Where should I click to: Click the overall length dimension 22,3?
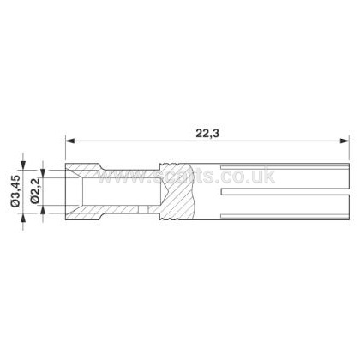[x=207, y=134]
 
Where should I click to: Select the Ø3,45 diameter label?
[x=15, y=191]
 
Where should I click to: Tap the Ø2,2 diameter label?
[x=35, y=191]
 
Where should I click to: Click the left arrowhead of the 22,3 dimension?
[x=70, y=141]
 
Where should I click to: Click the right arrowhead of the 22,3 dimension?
[x=345, y=141]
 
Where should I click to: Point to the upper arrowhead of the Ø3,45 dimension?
[x=23, y=166]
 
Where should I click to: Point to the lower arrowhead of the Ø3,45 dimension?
[x=23, y=218]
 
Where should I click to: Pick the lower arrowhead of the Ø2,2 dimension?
[x=43, y=210]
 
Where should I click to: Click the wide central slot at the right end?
[x=285, y=191]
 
